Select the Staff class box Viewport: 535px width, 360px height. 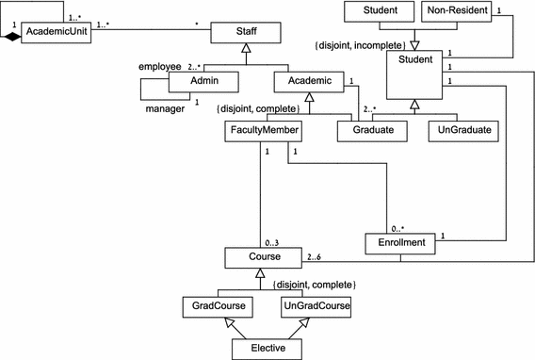pyautogui.click(x=246, y=35)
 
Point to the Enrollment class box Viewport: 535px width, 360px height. pyautogui.click(x=399, y=244)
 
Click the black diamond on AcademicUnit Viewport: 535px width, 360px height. pyautogui.click(x=11, y=36)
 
